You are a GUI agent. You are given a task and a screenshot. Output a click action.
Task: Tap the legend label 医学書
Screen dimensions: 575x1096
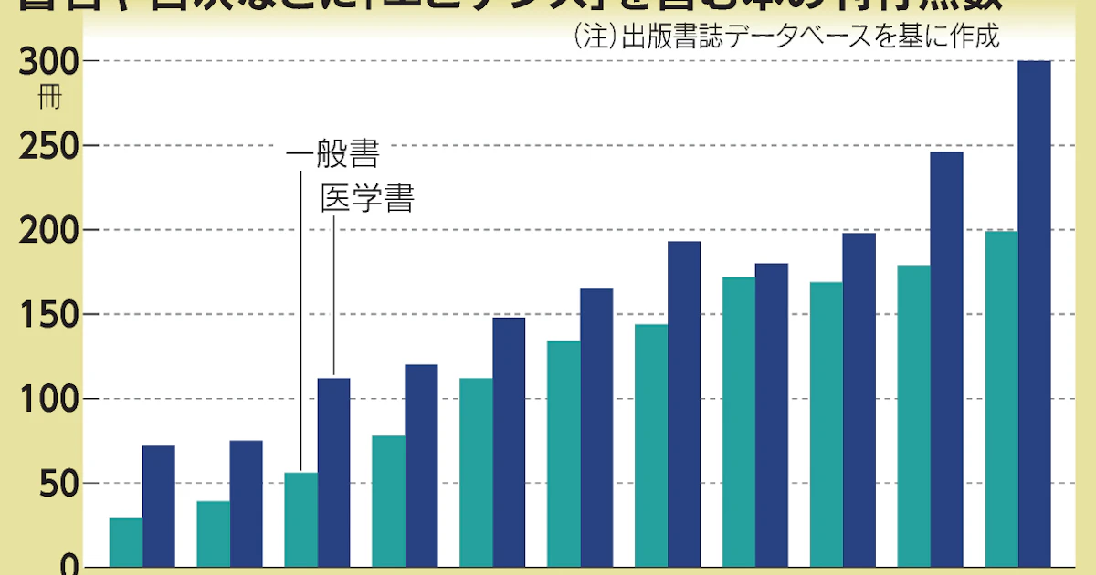click(367, 199)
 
